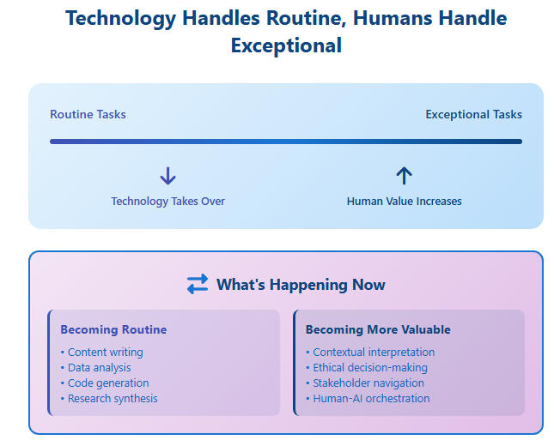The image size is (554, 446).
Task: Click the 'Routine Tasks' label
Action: pyautogui.click(x=88, y=114)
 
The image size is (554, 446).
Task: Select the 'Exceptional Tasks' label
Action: pyautogui.click(x=474, y=114)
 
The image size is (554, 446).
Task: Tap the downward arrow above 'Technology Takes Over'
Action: pyautogui.click(x=167, y=176)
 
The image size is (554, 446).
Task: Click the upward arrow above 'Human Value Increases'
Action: pyautogui.click(x=404, y=176)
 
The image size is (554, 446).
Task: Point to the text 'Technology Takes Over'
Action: pyautogui.click(x=167, y=201)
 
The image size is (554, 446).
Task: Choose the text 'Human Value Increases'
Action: pyautogui.click(x=405, y=201)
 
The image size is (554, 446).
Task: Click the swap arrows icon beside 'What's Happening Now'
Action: pyautogui.click(x=198, y=284)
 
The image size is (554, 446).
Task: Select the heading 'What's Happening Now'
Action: pyautogui.click(x=301, y=285)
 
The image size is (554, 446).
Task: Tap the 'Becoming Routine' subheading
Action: pyautogui.click(x=113, y=329)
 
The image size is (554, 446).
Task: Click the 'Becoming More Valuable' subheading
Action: pyautogui.click(x=378, y=329)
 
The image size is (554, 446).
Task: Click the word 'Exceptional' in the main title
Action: pyautogui.click(x=286, y=45)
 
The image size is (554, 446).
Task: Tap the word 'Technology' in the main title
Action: pyautogui.click(x=121, y=18)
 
